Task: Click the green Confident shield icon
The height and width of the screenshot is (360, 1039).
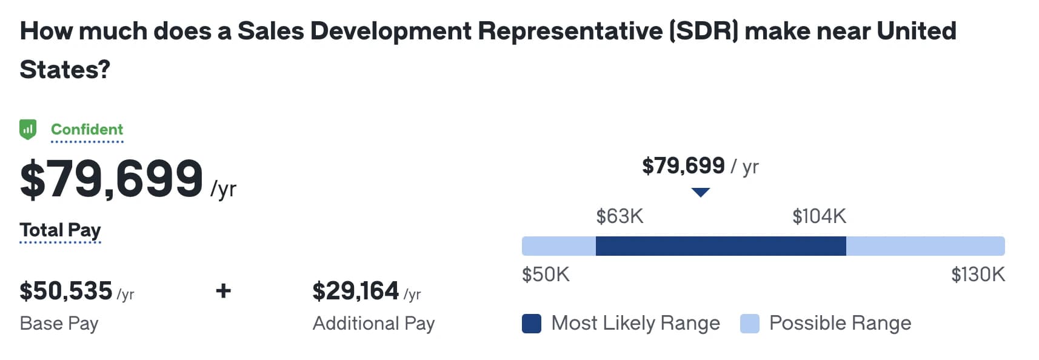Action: (28, 129)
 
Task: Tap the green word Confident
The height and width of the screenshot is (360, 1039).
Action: (87, 129)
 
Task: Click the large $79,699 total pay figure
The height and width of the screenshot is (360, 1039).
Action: (112, 179)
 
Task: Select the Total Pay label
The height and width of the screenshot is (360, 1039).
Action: (60, 230)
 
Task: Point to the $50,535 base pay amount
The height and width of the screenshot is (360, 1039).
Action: (66, 291)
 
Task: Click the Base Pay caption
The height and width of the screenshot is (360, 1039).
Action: (59, 323)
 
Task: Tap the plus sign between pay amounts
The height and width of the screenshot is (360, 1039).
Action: (223, 291)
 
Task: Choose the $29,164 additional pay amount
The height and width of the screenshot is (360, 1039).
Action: (356, 291)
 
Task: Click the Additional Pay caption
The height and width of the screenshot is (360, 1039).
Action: (373, 323)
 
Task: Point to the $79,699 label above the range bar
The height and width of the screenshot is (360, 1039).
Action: (683, 165)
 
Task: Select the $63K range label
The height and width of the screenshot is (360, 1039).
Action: (620, 216)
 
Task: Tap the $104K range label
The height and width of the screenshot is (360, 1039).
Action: (819, 216)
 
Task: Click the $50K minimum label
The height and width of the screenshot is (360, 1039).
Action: (546, 275)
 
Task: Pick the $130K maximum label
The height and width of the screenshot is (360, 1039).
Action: (978, 275)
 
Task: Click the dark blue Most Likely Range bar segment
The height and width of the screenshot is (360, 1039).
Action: (721, 246)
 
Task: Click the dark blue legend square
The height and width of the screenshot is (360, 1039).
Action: (532, 324)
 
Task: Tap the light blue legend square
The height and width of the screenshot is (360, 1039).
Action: (750, 324)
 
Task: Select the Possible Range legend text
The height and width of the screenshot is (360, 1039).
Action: (840, 323)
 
